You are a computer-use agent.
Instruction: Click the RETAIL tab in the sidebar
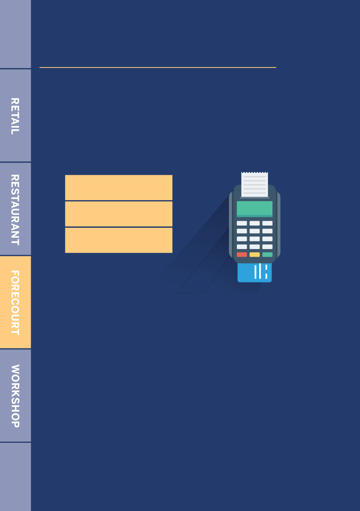tap(15, 116)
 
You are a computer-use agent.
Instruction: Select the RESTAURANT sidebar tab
tap(15, 209)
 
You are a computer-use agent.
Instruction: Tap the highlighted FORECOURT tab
tap(15, 302)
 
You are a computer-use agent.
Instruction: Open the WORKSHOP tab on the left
tap(15, 396)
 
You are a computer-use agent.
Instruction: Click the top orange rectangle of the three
tap(119, 187)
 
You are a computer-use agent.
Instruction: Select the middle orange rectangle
tap(119, 214)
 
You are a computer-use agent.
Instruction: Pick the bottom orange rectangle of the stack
tap(119, 240)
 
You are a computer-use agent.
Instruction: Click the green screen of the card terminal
tap(255, 208)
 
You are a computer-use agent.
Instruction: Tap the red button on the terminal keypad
tap(242, 255)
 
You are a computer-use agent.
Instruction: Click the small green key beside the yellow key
tap(268, 255)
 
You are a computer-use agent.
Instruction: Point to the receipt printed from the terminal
tap(255, 184)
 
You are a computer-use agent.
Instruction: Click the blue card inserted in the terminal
tap(255, 273)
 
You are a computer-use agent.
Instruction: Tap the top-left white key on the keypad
tap(242, 223)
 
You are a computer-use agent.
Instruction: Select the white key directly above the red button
tap(242, 247)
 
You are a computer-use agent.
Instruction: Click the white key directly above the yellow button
tap(255, 247)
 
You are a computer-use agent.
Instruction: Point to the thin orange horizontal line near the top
tap(158, 67)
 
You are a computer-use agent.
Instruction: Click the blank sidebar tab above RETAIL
tap(15, 34)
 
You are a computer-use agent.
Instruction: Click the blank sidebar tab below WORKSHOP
tap(15, 477)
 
